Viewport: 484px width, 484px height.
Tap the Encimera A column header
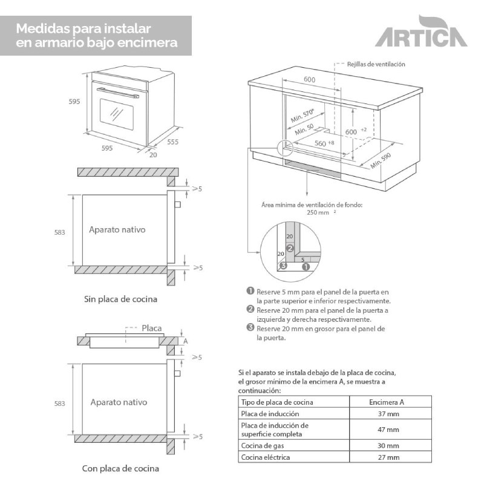point(387,402)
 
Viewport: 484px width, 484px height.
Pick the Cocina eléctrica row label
point(266,457)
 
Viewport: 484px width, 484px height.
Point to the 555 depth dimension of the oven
point(173,142)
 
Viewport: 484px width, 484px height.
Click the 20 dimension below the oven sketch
point(153,155)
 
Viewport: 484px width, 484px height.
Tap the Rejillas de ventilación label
point(376,64)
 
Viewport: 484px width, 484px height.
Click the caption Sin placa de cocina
point(120,299)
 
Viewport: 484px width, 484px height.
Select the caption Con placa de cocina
point(120,468)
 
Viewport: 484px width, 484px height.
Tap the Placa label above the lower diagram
point(152,329)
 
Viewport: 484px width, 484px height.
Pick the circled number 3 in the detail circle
point(282,265)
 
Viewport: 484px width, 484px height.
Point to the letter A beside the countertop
point(186,341)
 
